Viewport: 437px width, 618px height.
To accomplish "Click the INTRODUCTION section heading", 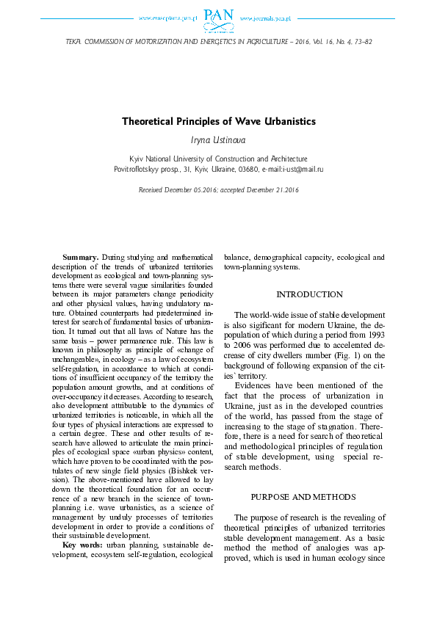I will pyautogui.click(x=308, y=294).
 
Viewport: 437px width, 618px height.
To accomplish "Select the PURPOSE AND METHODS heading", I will pyautogui.click(x=308, y=496).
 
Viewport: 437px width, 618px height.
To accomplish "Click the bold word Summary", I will pyautogui.click(x=80, y=258).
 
